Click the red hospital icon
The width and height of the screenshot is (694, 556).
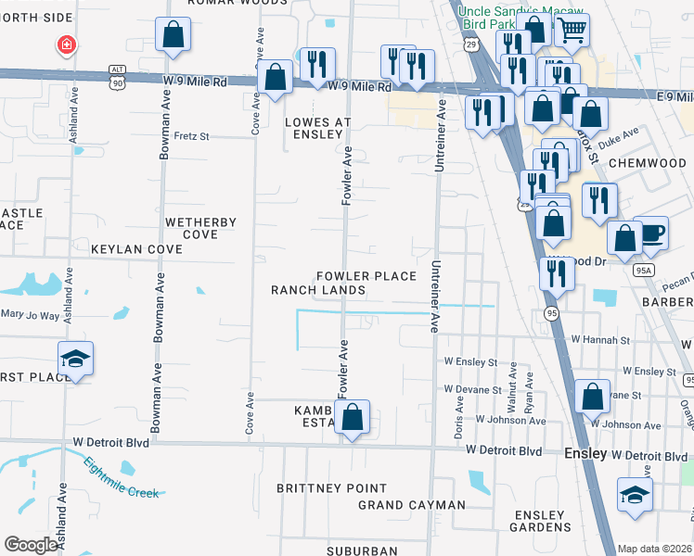tap(66, 44)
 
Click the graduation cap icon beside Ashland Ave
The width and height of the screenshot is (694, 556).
tap(75, 358)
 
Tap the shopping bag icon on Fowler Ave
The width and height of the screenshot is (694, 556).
tap(352, 418)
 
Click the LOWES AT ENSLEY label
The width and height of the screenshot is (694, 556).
tap(318, 128)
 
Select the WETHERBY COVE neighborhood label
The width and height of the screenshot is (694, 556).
tap(200, 228)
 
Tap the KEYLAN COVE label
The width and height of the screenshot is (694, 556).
tap(136, 250)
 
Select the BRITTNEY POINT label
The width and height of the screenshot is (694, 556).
tap(332, 488)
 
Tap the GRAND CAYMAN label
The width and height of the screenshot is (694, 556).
tap(412, 505)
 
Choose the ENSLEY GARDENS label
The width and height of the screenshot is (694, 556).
tap(539, 521)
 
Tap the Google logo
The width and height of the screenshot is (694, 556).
tap(31, 545)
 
